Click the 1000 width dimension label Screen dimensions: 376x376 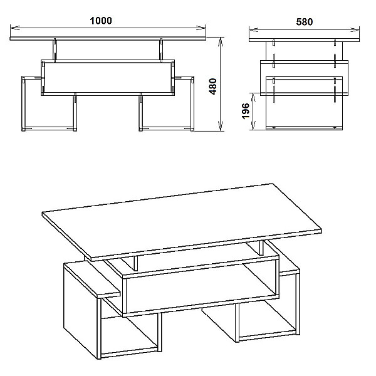101,21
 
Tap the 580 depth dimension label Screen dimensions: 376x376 305,22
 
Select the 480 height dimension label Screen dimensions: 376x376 212,86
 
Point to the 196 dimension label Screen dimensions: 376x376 246,111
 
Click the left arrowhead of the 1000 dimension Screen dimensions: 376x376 15,27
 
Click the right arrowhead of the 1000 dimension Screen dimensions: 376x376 201,27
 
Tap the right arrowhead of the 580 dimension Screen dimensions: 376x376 355,29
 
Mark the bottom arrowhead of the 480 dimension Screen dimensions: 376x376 221,126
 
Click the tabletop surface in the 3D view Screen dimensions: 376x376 182,220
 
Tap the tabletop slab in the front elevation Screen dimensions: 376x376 108,38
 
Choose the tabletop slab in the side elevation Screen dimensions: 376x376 305,40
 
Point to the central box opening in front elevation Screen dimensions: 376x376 108,78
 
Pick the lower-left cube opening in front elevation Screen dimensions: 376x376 49,103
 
